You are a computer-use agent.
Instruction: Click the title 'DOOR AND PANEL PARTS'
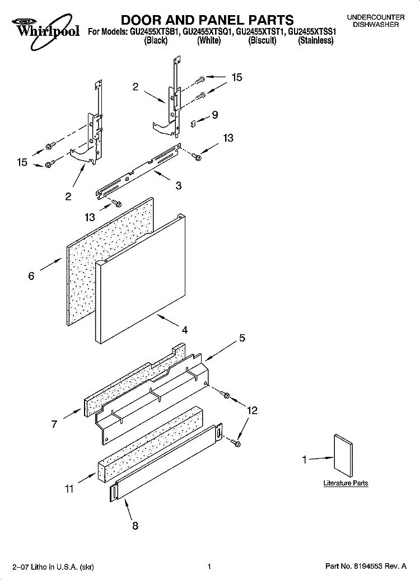pos(207,21)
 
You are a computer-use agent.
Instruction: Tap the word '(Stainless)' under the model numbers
pos(316,41)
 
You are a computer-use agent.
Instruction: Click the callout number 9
pos(214,115)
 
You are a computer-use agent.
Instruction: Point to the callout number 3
pos(178,186)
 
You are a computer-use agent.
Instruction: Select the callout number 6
pos(31,275)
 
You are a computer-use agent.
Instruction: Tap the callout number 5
pos(242,338)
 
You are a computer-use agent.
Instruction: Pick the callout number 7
pos(54,424)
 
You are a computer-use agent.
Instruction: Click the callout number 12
pos(252,411)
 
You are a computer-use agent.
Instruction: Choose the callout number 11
pos(68,489)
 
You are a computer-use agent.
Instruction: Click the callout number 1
pos(305,460)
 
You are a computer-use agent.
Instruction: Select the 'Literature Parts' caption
pos(346,483)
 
